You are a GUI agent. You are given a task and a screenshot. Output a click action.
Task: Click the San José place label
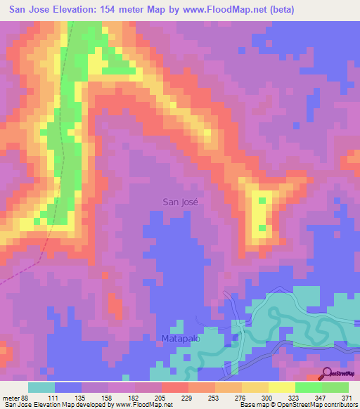click(x=181, y=202)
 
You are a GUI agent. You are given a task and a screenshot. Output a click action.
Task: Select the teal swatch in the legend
click(x=41, y=387)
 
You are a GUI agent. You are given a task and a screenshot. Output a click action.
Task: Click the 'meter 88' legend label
click(x=15, y=397)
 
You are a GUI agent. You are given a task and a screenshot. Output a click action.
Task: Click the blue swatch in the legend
click(x=68, y=387)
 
